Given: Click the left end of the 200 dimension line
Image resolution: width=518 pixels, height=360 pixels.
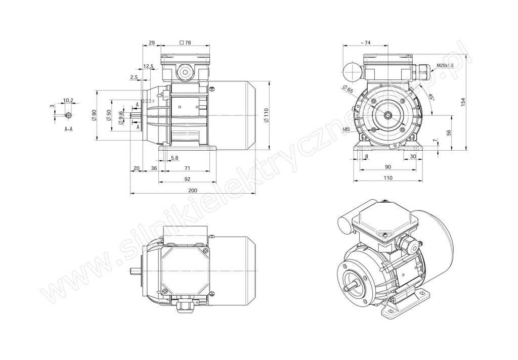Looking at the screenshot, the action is coord(130,194).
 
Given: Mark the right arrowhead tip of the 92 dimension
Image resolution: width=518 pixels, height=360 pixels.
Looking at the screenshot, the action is coord(216,183).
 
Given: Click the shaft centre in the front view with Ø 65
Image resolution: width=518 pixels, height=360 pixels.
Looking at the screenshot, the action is coord(388,115).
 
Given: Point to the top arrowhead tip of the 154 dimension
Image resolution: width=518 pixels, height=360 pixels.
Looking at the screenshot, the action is coord(466,55).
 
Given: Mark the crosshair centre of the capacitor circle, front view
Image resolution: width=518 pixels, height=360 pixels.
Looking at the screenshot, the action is coord(353,71).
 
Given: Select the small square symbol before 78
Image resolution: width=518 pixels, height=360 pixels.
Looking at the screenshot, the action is coord(182,42).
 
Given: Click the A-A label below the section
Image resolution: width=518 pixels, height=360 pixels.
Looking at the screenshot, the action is coord(68,129).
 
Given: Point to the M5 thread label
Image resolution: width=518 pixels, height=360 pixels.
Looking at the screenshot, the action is coord(346,129).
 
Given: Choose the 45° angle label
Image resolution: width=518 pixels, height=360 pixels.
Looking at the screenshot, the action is coord(430,98).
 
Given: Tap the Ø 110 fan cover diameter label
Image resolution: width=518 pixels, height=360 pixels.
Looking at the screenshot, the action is coord(267,115).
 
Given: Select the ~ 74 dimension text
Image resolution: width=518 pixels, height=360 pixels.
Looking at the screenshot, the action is coord(365,42).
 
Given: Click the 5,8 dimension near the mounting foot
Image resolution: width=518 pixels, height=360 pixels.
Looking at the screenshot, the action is coord(175,158).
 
